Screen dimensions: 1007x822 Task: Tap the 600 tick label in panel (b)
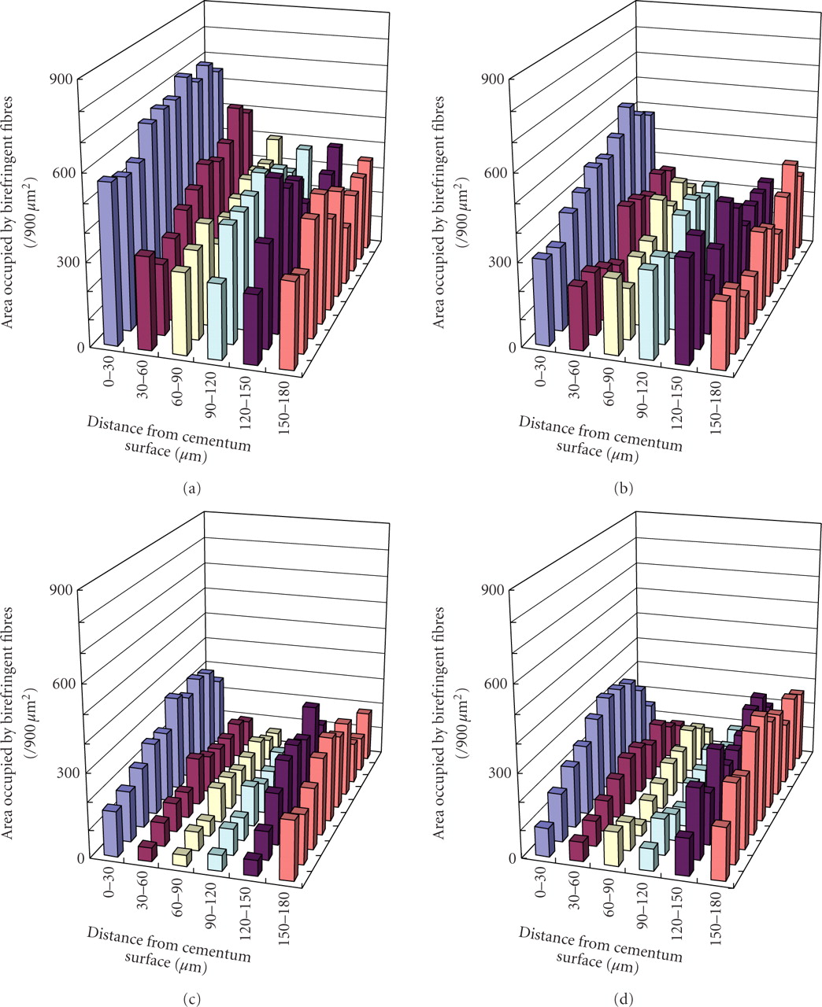click(x=493, y=172)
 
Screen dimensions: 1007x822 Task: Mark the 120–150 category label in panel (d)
click(x=677, y=911)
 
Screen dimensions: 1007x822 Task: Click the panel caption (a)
click(x=191, y=489)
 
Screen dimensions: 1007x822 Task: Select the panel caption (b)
click(x=622, y=489)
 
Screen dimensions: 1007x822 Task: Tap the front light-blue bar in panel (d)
click(x=648, y=856)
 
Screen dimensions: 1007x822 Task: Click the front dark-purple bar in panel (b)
click(x=683, y=309)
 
